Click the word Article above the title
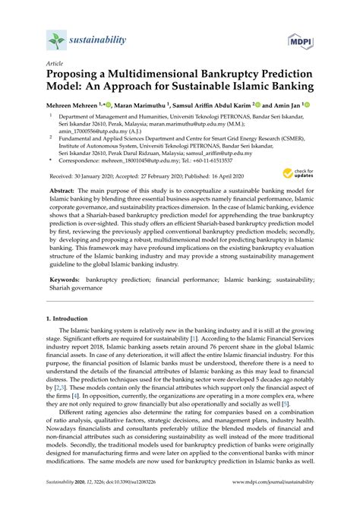(x=55, y=65)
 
